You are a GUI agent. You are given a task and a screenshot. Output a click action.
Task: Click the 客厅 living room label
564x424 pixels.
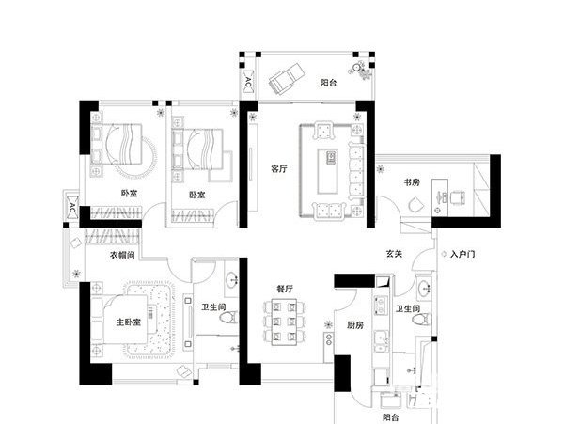pos(279,168)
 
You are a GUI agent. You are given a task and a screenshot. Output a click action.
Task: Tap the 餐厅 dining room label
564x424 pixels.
pos(285,289)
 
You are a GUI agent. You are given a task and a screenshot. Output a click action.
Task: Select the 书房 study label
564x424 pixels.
pos(412,182)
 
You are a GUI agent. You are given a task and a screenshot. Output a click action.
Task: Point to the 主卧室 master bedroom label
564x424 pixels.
pos(129,322)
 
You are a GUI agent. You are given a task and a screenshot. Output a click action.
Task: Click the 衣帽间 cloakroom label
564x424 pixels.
pos(122,255)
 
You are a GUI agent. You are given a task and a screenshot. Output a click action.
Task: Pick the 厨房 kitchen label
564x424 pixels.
pos(354,325)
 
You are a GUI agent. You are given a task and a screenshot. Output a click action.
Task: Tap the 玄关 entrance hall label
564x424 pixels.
pos(394,254)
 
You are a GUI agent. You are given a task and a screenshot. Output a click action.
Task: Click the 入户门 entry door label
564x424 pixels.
pos(462,254)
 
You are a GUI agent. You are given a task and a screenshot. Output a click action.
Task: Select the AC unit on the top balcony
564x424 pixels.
pos(248,82)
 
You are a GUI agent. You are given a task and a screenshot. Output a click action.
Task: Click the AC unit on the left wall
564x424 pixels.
pos(72,208)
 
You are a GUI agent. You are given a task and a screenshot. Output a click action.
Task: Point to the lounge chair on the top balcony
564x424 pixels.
pos(287,78)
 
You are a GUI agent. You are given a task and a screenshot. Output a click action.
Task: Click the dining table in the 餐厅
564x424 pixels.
pos(284,322)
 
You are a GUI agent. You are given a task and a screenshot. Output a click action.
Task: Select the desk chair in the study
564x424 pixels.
pos(457,197)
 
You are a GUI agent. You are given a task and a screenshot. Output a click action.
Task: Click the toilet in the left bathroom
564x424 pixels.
pos(228,318)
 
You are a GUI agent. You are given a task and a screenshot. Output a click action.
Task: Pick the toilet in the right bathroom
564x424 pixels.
pos(422,320)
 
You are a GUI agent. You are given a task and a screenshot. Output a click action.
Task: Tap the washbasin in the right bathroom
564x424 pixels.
pos(426,288)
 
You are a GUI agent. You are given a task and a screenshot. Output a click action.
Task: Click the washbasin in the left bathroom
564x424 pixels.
pos(232,279)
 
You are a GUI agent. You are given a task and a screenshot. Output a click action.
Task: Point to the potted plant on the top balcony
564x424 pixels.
pos(360,71)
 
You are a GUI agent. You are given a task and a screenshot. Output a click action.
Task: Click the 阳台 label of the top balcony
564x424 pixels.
pos(328,83)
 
